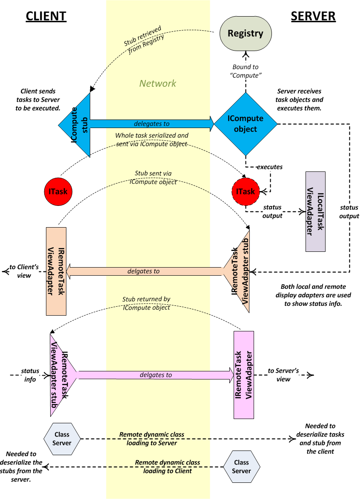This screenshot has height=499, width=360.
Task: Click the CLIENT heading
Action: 46,16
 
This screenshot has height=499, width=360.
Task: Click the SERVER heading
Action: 313,16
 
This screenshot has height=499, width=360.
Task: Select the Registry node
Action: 246,34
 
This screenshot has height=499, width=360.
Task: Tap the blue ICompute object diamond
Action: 246,124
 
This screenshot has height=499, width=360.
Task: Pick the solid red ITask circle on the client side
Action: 58,191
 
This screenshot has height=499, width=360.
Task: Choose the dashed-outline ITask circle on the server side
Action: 246,191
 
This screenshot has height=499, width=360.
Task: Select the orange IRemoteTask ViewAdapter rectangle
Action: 56,271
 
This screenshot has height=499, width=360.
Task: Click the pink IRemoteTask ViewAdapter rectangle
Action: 244,374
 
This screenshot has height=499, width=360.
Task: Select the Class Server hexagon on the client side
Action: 62,439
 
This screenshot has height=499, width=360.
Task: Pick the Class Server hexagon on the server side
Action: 241,467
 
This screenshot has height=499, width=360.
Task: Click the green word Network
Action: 158,83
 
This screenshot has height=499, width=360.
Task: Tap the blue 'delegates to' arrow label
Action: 151,124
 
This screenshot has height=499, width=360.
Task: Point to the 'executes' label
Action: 270,167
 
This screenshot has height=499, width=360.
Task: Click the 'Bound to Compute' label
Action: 246,71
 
